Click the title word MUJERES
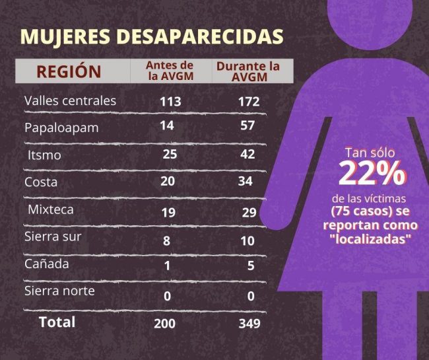[67, 36]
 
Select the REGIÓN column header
[69, 71]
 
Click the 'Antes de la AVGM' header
[170, 71]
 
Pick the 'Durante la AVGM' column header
[247, 71]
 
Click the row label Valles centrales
[70, 101]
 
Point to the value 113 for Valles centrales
[170, 102]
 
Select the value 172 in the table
[249, 102]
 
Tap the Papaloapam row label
[61, 127]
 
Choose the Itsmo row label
[45, 155]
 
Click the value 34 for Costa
[245, 182]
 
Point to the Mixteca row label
[51, 209]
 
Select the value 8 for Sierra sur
[166, 241]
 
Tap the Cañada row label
[46, 264]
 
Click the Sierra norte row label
[59, 291]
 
